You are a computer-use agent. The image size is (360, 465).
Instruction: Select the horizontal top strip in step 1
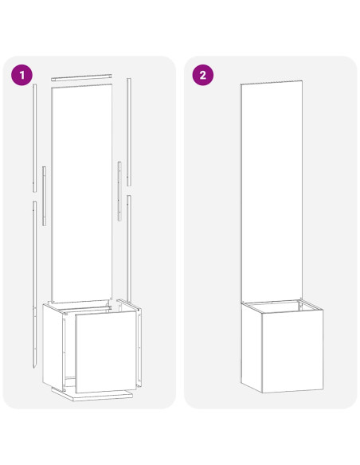pos(81,79)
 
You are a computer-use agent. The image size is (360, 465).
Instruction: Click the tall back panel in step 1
pos(82,191)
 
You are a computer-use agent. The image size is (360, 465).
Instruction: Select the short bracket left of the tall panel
pos(45,196)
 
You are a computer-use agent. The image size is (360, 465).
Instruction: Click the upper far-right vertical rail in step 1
pos(128,119)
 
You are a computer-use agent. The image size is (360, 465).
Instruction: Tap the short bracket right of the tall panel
pos(119,191)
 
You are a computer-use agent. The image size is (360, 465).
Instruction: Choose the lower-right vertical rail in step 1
pos(127,247)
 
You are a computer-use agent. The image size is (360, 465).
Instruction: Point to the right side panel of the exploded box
pos(140,342)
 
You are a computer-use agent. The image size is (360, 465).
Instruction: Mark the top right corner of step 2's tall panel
pos(303,81)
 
